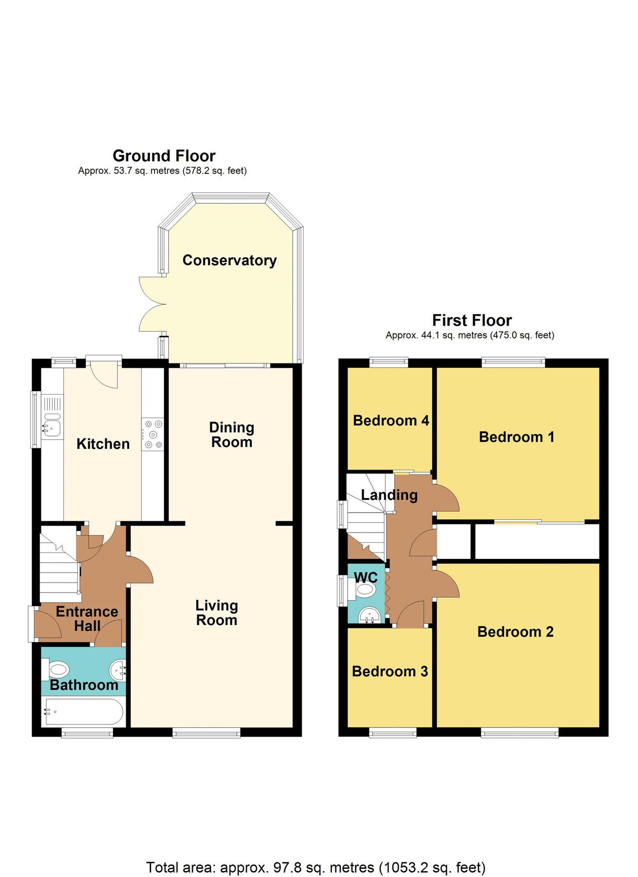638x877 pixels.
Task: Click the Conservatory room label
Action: click(x=229, y=260)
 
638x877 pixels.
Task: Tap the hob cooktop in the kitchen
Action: click(x=153, y=434)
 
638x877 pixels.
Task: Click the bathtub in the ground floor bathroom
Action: click(x=83, y=712)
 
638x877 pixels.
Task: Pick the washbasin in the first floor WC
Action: click(x=369, y=615)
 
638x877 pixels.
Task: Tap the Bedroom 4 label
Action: click(x=391, y=420)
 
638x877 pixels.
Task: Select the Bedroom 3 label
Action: click(x=390, y=671)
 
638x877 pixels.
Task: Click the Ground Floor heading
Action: click(x=164, y=156)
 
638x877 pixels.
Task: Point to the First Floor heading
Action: click(x=472, y=321)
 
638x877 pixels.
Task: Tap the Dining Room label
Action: click(x=232, y=435)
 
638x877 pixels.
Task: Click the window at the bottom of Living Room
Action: click(x=207, y=732)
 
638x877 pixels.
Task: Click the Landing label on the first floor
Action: click(x=389, y=495)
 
